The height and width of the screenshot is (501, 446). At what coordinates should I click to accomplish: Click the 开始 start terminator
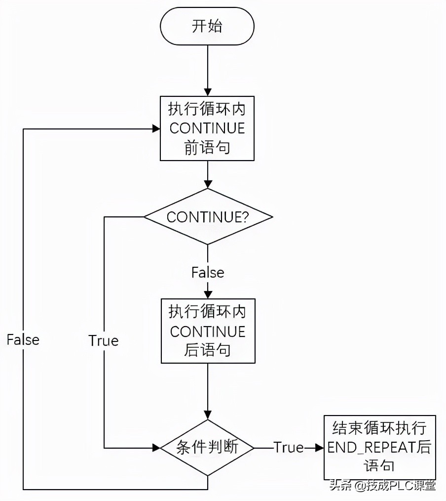(207, 26)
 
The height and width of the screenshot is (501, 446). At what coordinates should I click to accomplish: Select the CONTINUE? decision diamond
(207, 217)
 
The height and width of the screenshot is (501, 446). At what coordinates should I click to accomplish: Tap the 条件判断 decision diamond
(207, 448)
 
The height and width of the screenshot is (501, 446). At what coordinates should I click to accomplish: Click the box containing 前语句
(207, 128)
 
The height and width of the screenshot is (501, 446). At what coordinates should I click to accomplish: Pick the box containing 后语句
(207, 331)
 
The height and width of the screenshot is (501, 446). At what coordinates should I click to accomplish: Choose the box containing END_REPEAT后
(379, 447)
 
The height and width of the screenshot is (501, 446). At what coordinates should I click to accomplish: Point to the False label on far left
(23, 340)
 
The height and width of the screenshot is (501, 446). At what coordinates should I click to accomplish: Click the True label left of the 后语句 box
(104, 341)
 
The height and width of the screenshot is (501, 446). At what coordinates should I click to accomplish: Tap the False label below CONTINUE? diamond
(207, 272)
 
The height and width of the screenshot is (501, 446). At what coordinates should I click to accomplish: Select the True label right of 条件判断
(289, 448)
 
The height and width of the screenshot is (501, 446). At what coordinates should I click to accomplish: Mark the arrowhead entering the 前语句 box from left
(156, 128)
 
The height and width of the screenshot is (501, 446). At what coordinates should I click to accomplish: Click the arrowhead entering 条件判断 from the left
(156, 448)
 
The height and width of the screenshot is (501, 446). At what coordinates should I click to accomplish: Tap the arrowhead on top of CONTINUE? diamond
(207, 184)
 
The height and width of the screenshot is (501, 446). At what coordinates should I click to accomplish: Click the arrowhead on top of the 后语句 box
(207, 294)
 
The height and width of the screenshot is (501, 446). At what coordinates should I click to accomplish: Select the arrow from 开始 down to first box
(207, 69)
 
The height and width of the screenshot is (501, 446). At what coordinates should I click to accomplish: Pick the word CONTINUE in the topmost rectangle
(207, 128)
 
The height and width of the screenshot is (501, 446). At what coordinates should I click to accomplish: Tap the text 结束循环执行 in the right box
(379, 428)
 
